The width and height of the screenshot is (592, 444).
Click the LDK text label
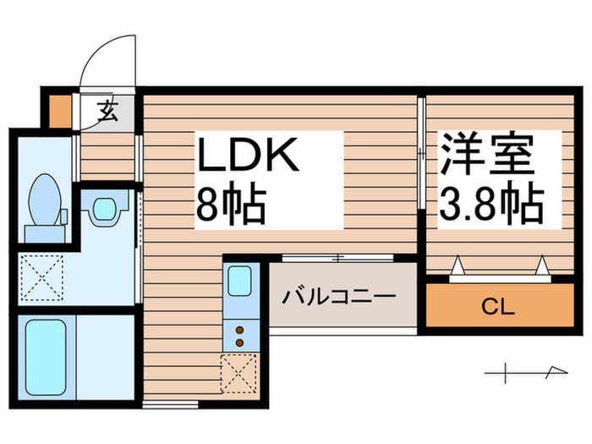tap(247, 156)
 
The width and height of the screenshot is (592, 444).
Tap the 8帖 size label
tap(232, 204)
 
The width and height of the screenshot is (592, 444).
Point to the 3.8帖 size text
tap(491, 203)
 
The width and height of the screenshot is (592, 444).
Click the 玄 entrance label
tap(108, 111)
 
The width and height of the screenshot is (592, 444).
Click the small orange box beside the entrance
tap(59, 110)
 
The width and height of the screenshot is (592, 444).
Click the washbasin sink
tap(104, 209)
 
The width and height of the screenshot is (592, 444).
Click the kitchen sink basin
tap(238, 280)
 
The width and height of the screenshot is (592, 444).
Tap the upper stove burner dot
tap(238, 329)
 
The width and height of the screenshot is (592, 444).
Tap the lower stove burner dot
tap(238, 342)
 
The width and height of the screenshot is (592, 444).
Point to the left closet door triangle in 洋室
tap(458, 267)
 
